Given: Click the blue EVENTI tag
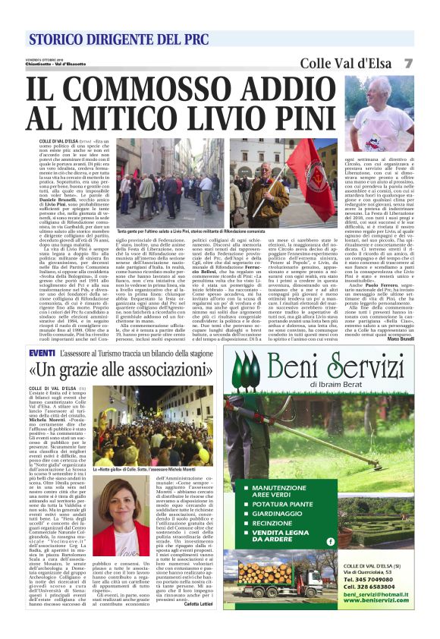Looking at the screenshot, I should click(41, 353).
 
